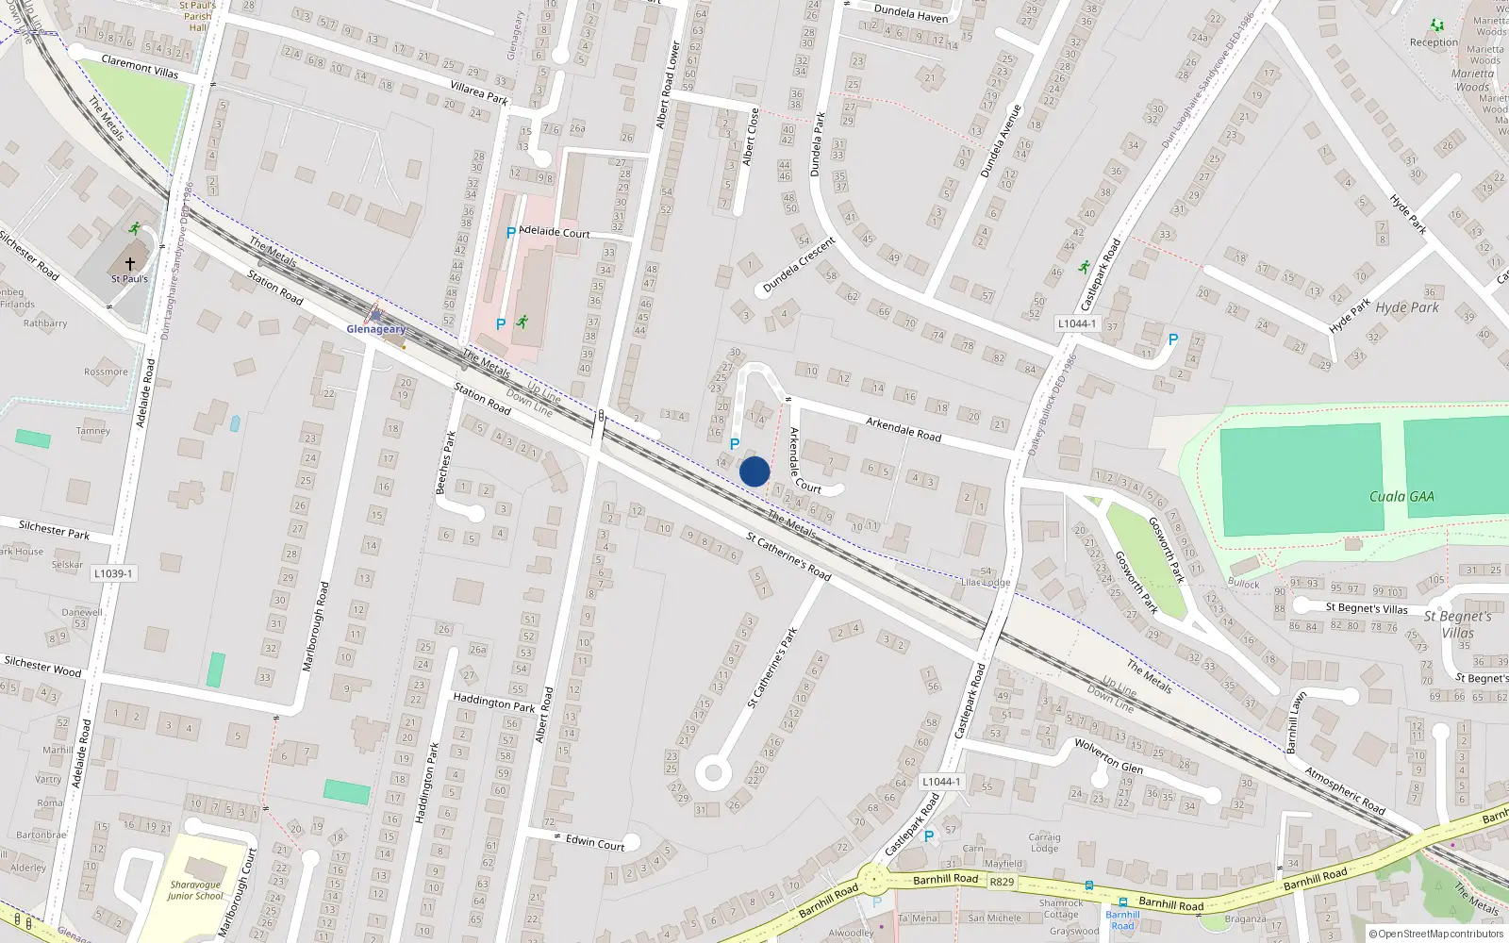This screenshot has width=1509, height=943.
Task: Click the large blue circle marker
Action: point(754,471)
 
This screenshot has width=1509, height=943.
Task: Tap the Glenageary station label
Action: point(376,329)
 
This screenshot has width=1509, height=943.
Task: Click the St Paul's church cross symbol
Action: point(130,264)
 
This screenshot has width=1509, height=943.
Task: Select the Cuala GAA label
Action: point(1401,496)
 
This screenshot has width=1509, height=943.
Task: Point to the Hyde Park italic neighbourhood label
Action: point(1407,307)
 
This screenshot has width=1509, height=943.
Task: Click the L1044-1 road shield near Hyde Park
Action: point(1076,323)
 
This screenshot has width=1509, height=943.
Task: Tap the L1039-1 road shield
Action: point(113,573)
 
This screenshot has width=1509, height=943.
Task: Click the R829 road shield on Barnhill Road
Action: point(1002,882)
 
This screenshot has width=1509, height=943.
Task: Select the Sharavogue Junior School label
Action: point(195,890)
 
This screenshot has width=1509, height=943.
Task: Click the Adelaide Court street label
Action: point(555,232)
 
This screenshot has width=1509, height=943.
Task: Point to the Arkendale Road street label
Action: point(904,429)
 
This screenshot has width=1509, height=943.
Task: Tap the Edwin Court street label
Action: point(595,842)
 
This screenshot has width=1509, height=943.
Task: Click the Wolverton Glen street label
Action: point(1109,755)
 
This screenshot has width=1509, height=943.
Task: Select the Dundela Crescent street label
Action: point(799,265)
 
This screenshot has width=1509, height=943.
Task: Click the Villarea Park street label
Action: point(479,91)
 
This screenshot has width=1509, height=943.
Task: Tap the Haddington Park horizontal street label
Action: point(493,703)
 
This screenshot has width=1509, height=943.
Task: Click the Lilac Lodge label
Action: point(985,582)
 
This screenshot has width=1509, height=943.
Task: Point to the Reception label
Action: point(1434,42)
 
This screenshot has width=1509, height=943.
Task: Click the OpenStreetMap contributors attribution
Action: point(1436,934)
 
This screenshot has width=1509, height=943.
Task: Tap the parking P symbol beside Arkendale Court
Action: point(735,443)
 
